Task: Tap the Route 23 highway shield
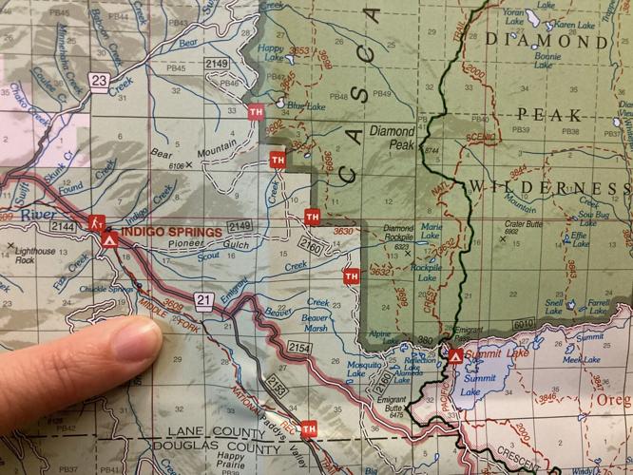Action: [101, 82]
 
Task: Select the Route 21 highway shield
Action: [203, 299]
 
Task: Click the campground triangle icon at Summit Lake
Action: [455, 356]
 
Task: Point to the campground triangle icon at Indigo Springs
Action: [110, 240]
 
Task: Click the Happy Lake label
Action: [271, 51]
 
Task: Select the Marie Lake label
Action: [432, 232]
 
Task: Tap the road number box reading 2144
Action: [63, 228]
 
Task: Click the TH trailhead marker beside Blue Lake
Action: [255, 112]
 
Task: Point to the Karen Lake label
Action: [574, 24]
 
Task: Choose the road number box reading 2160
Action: [311, 249]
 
